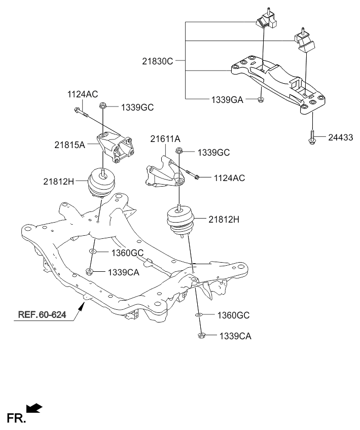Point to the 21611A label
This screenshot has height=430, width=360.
coord(164,138)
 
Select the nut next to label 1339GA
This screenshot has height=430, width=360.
coord(260,100)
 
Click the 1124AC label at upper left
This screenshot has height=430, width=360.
coord(83,94)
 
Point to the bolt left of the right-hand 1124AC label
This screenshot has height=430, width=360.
coord(190,174)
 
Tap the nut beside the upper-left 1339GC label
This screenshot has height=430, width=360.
coord(103,106)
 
